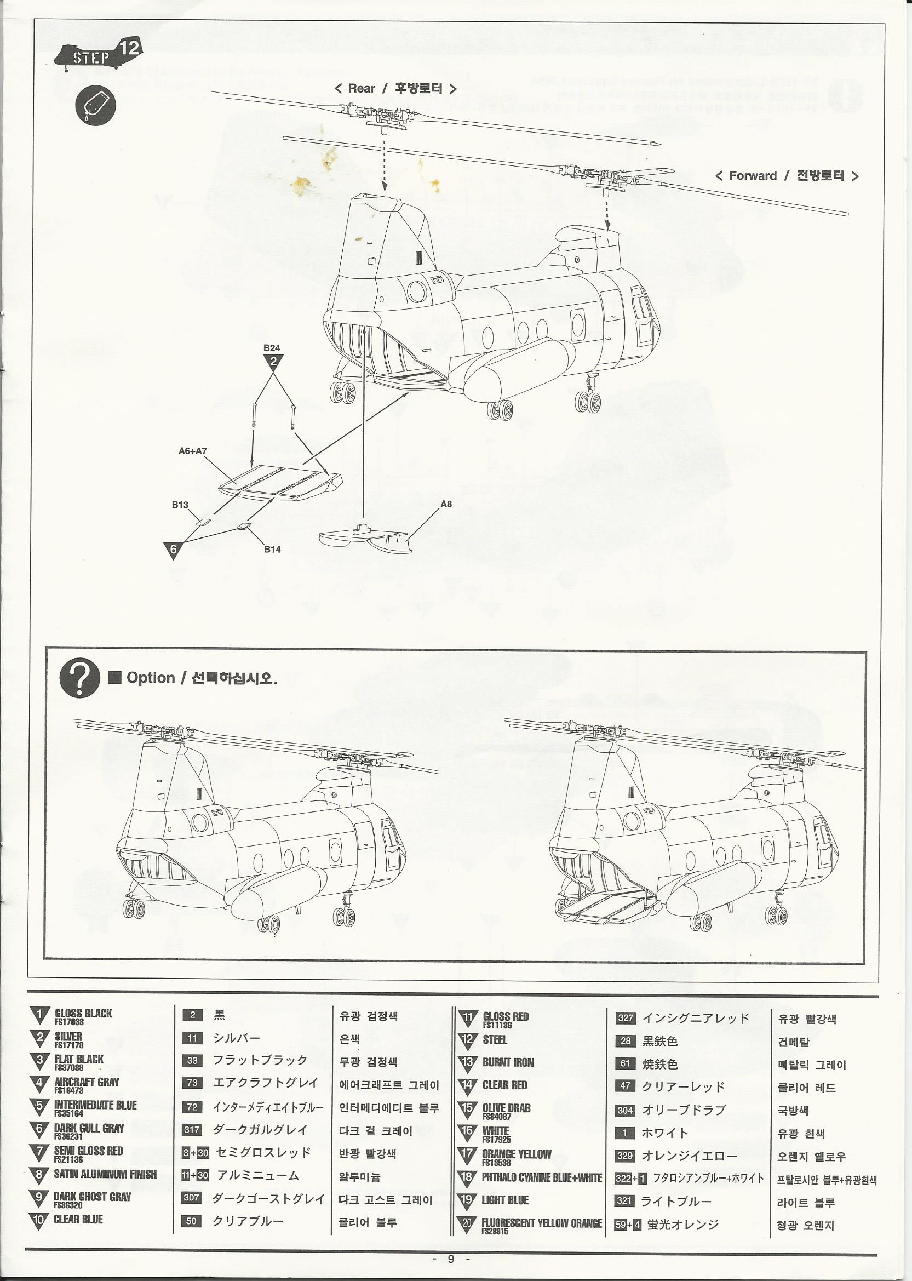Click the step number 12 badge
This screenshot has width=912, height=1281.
pyautogui.click(x=129, y=47)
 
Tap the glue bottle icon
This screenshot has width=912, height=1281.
pyautogui.click(x=95, y=106)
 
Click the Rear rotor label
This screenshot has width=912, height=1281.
pyautogui.click(x=395, y=89)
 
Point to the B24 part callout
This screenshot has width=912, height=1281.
pyautogui.click(x=272, y=348)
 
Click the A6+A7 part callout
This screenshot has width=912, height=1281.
pyautogui.click(x=193, y=451)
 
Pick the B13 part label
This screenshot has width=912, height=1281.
pyautogui.click(x=180, y=505)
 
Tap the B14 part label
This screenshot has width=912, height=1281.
pyautogui.click(x=272, y=549)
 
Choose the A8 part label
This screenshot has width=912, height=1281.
pyautogui.click(x=446, y=504)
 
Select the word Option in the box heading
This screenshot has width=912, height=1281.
pyautogui.click(x=151, y=678)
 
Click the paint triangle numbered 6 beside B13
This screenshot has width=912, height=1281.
pyautogui.click(x=173, y=550)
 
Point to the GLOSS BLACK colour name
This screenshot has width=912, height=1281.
pyautogui.click(x=83, y=1014)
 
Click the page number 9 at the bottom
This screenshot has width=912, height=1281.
pyautogui.click(x=450, y=1259)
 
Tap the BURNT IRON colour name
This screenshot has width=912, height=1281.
pyautogui.click(x=508, y=1062)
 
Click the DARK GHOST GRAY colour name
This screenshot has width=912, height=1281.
pyautogui.click(x=93, y=1197)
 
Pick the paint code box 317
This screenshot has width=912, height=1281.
pyautogui.click(x=192, y=1130)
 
